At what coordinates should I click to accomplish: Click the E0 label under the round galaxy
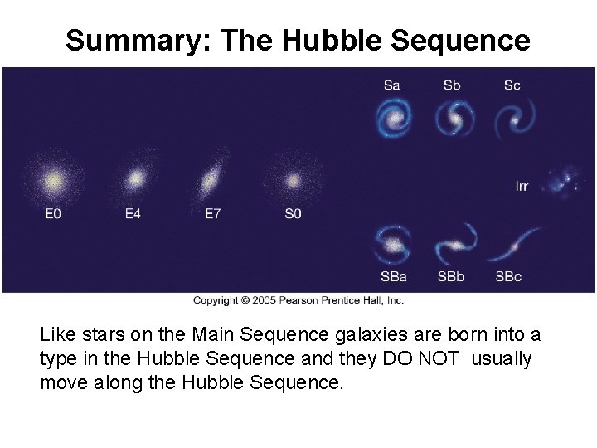pos(52,214)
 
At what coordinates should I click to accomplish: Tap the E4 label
pos(133,214)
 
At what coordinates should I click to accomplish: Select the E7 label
pos(213,214)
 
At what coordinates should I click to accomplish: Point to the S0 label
pos(293,214)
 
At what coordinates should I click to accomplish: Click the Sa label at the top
pos(392,85)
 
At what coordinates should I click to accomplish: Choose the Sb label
pos(452,85)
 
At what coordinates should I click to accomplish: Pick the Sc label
pos(512,85)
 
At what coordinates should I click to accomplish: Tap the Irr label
pos(522,187)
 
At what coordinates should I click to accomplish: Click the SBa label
pos(393,277)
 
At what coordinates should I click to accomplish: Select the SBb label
pos(452,277)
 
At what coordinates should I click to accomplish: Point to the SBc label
pos(508,277)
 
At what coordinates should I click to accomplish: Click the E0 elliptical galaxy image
pos(52,179)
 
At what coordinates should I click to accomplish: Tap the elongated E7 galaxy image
pos(212,178)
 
